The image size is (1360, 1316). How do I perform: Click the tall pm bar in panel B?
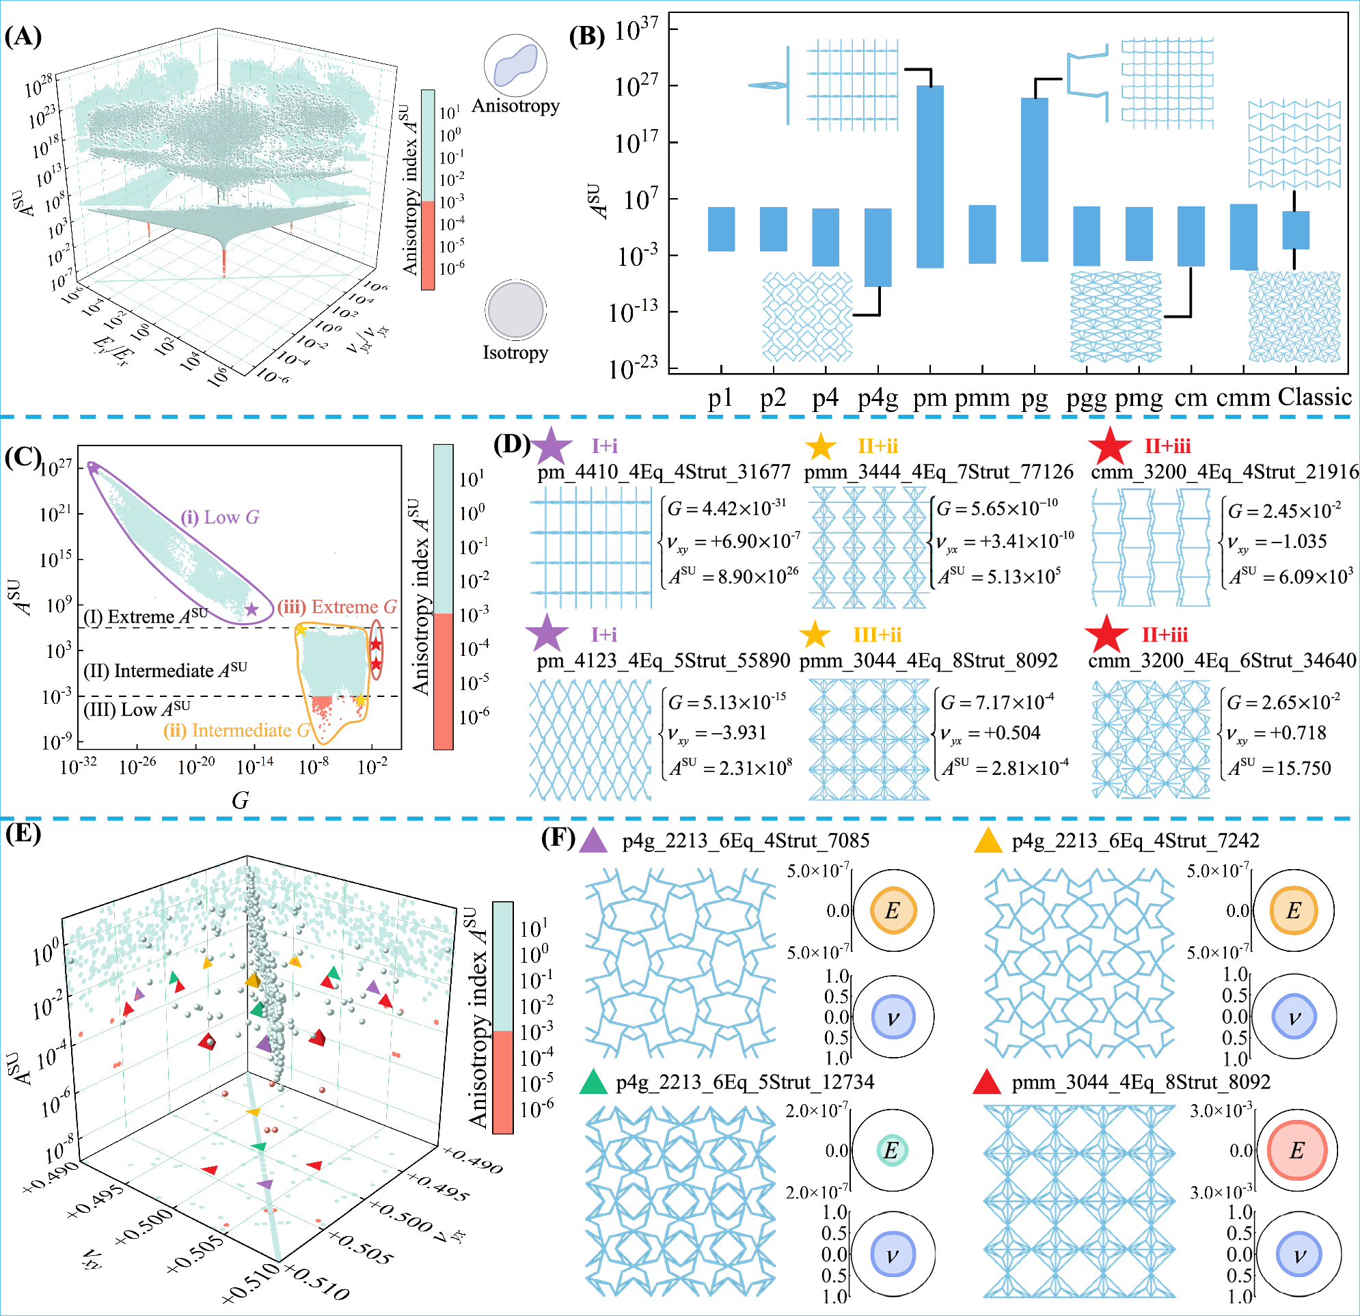pyautogui.click(x=930, y=176)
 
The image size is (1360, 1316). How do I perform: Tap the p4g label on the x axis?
pyautogui.click(x=878, y=398)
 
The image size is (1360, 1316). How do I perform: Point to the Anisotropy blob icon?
pyautogui.click(x=515, y=65)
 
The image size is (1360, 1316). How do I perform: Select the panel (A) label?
pyautogui.click(x=23, y=36)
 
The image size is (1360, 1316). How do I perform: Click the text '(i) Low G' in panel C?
pyautogui.click(x=220, y=517)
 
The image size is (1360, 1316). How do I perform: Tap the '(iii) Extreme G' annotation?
pyautogui.click(x=337, y=607)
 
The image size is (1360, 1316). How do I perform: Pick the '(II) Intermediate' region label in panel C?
pyautogui.click(x=165, y=671)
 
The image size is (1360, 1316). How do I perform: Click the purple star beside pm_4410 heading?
pyautogui.click(x=552, y=446)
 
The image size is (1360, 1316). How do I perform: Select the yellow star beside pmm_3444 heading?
pyautogui.click(x=821, y=446)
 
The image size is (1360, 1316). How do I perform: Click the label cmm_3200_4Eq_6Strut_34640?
pyautogui.click(x=1222, y=661)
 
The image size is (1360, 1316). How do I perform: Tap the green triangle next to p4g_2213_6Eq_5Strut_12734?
pyautogui.click(x=593, y=1083)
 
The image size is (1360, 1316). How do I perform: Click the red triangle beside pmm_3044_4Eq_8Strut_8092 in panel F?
pyautogui.click(x=987, y=1083)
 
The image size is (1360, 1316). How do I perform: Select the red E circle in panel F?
pyautogui.click(x=1296, y=1150)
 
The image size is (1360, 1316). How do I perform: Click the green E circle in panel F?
pyautogui.click(x=892, y=1150)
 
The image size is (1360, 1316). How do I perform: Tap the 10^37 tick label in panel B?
pyautogui.click(x=636, y=31)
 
